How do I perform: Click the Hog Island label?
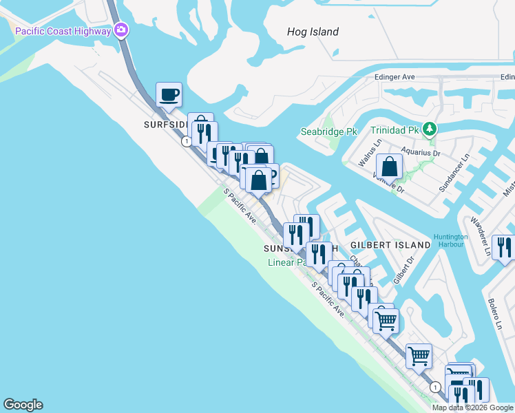pos(313,32)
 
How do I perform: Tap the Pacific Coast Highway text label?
pos(63,31)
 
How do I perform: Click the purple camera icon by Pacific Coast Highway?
pos(122,30)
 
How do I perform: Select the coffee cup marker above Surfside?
pos(168,96)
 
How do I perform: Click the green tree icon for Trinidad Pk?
pos(430,129)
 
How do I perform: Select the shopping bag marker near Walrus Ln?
pos(390,167)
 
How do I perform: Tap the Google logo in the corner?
pos(23,405)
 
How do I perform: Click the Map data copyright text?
pos(472,407)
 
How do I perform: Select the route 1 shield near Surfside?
pos(186,141)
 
